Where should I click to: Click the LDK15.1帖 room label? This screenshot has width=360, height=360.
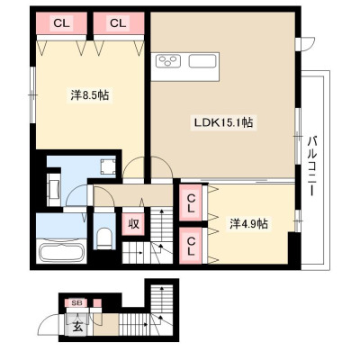point(223,122)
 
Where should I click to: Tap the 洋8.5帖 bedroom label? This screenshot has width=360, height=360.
point(90,95)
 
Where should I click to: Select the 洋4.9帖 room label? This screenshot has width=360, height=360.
point(249,223)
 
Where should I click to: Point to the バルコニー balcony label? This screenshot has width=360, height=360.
point(313,166)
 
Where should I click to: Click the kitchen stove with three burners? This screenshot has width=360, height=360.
point(168,61)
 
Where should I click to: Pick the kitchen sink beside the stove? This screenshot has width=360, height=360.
point(202,61)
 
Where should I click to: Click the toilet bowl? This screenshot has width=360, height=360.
point(104,238)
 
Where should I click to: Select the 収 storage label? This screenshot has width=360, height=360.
point(134,224)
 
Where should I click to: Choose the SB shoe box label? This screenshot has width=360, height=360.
point(78,302)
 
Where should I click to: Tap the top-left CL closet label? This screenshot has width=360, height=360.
point(61,23)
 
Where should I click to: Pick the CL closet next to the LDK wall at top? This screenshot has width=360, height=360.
point(118,23)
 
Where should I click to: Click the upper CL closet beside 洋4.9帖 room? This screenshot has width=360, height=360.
point(190,203)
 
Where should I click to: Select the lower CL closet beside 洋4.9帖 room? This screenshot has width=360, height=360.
point(190,246)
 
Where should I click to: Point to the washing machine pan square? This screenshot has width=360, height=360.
point(108,166)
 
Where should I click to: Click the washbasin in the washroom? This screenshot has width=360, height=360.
point(54,189)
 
